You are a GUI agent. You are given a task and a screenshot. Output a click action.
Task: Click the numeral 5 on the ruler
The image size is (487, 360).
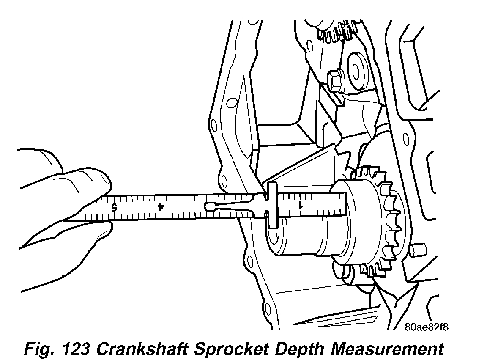pyautogui.click(x=114, y=207)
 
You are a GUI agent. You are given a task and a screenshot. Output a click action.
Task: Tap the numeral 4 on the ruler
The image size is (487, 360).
pyautogui.click(x=160, y=207)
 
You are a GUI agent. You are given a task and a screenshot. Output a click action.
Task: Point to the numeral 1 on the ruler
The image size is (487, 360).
pyautogui.click(x=301, y=205)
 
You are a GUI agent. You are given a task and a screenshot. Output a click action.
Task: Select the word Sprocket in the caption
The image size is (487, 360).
pyautogui.click(x=229, y=349)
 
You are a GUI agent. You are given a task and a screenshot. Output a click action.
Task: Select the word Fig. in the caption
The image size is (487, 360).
pyautogui.click(x=36, y=349)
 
